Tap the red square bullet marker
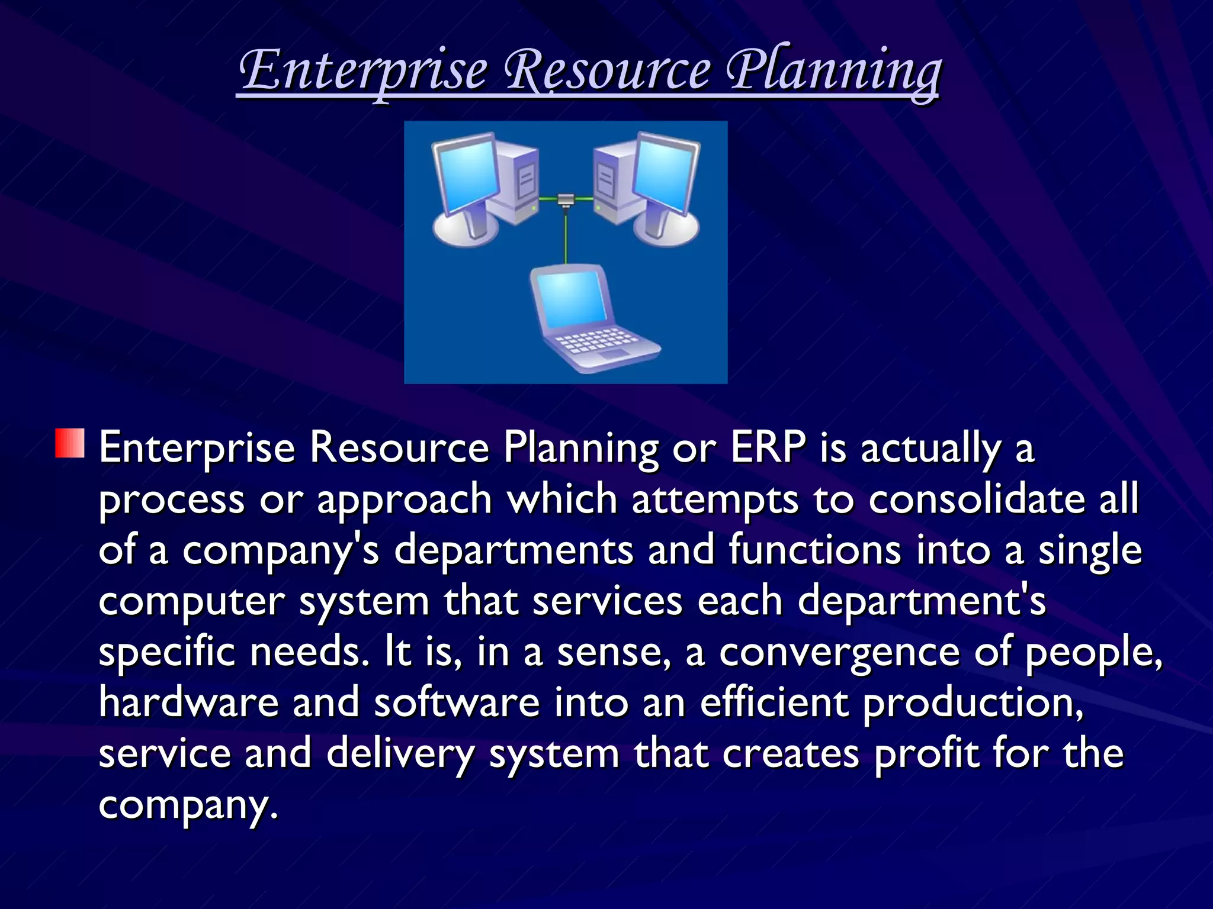[x=70, y=443]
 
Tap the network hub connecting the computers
[x=566, y=199]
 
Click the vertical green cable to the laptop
[x=566, y=237]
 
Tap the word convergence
[x=839, y=652]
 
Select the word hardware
[x=188, y=702]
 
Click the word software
[x=457, y=702]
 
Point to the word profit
[x=926, y=753]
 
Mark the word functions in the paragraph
[x=814, y=550]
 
